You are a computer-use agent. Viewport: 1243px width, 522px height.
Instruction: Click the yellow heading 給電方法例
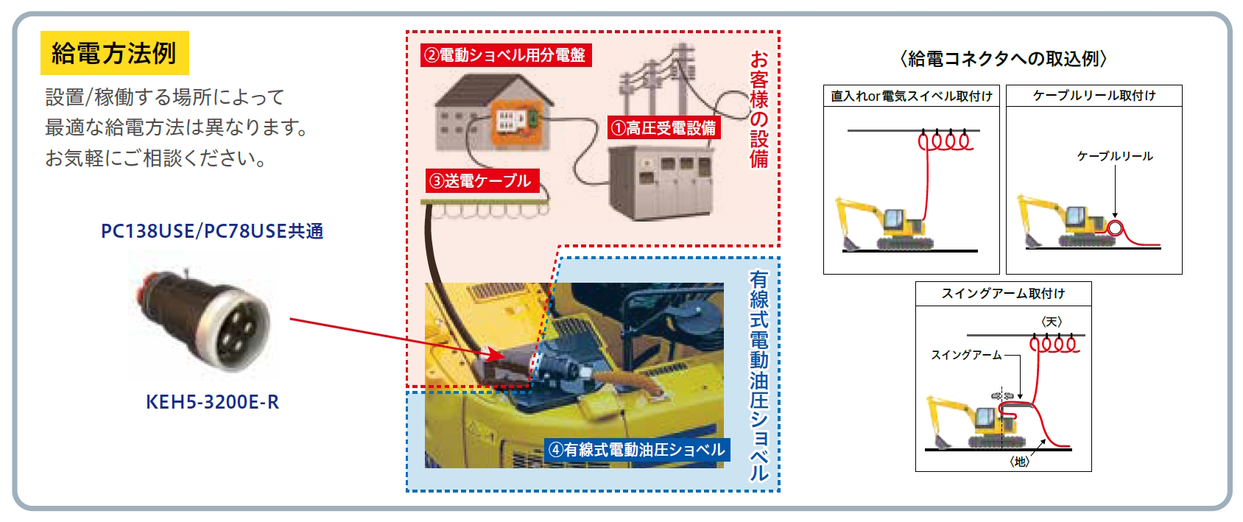click(114, 53)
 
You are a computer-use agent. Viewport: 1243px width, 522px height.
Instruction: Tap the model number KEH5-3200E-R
click(213, 402)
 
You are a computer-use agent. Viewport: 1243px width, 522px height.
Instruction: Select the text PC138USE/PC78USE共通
click(212, 230)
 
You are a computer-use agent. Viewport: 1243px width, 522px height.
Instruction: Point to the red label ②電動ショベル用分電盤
click(506, 55)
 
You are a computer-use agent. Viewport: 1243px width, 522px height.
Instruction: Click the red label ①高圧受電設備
click(663, 128)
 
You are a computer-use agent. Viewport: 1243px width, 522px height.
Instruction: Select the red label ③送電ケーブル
click(482, 181)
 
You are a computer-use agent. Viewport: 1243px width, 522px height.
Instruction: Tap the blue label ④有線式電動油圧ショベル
click(637, 449)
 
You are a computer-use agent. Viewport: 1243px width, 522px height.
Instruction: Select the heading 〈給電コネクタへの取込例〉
click(1003, 58)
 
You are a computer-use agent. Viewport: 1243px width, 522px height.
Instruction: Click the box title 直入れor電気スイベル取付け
click(911, 96)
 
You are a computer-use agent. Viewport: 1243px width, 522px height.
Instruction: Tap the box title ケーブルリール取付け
click(1094, 96)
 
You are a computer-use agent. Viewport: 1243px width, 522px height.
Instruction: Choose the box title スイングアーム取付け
click(1003, 294)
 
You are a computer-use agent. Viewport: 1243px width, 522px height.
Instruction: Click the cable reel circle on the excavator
click(1115, 228)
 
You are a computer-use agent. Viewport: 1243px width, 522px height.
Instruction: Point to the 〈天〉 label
click(1052, 322)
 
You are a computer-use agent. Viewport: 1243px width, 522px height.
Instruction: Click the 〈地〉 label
click(1019, 462)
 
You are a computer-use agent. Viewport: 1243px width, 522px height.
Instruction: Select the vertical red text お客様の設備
click(759, 109)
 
